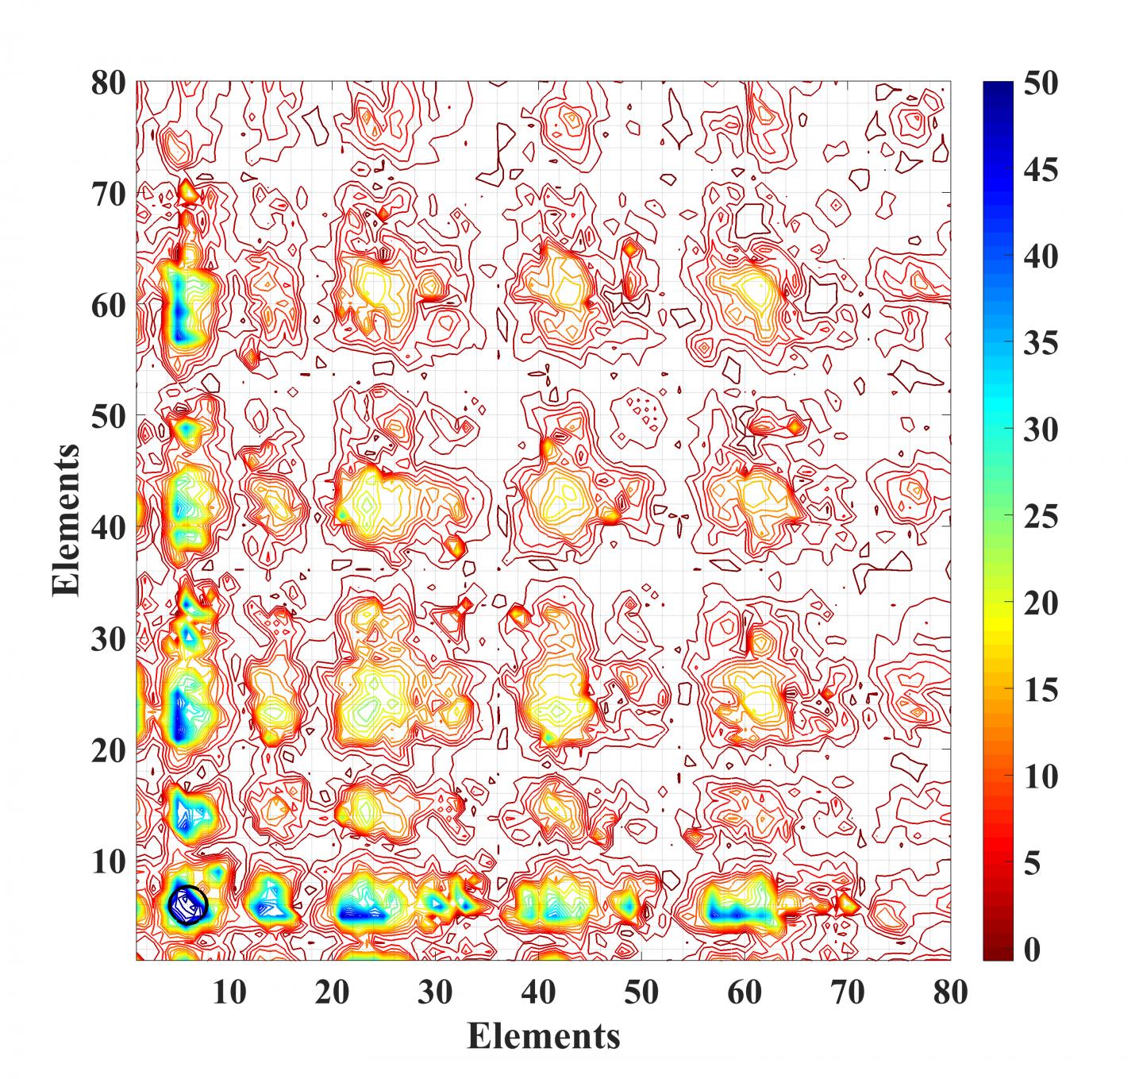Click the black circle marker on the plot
[187, 904]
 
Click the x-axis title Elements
[544, 1035]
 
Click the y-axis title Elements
[66, 520]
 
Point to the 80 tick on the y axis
[110, 83]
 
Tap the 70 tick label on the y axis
[110, 194]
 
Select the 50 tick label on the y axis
[110, 416]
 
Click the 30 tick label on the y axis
[110, 638]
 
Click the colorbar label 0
[1030, 950]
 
